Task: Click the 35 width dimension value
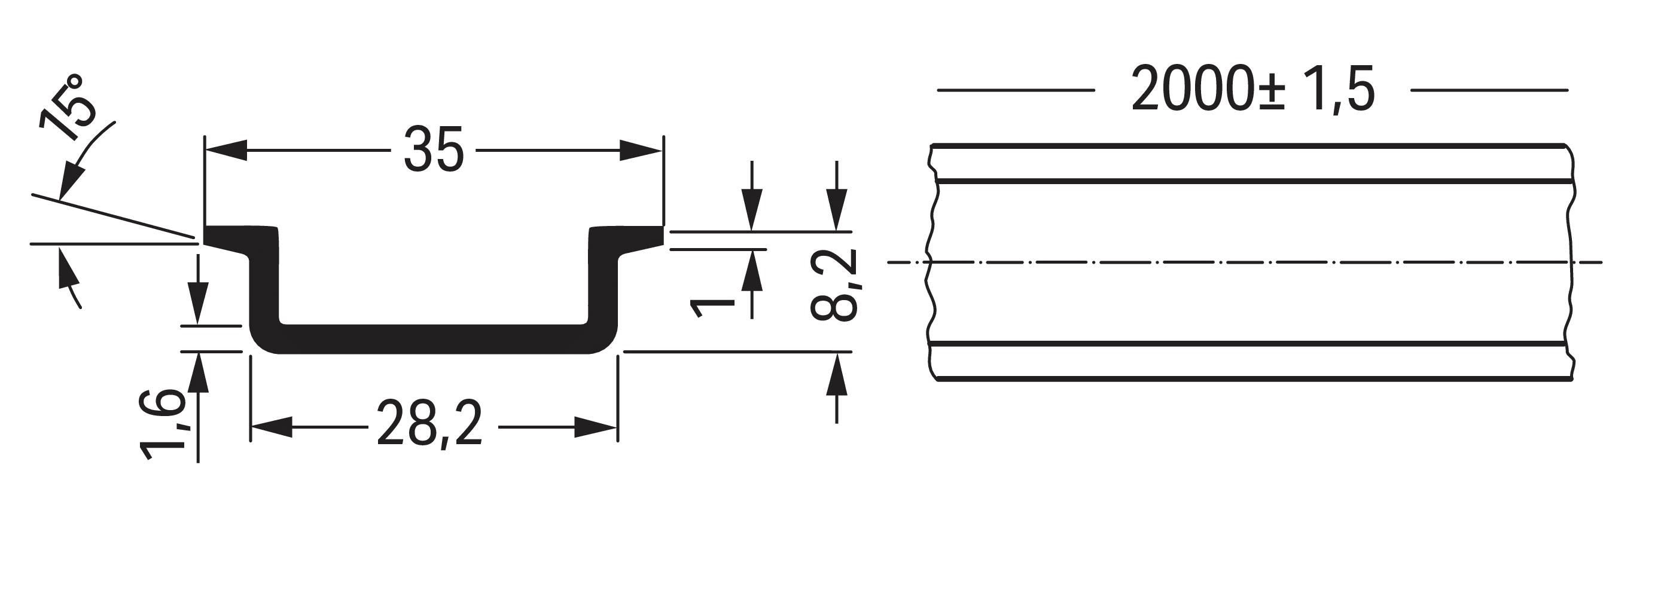434,150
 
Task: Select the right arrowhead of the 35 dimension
642,150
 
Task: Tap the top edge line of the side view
1249,146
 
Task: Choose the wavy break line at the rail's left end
932,262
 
